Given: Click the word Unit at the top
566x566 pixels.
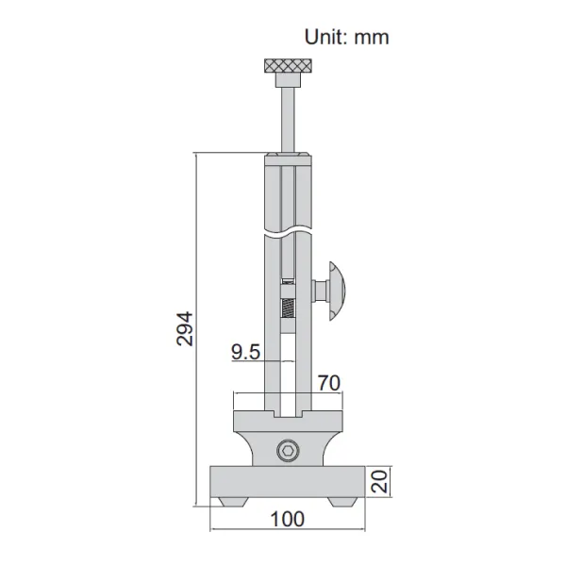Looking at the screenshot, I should pos(325,38).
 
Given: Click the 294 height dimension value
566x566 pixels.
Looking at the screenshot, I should pos(186,327).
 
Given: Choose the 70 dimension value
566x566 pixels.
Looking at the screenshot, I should pos(329,382).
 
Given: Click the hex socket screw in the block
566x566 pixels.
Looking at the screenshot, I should pos(288,451).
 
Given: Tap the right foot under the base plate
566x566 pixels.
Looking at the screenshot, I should pos(341,500).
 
